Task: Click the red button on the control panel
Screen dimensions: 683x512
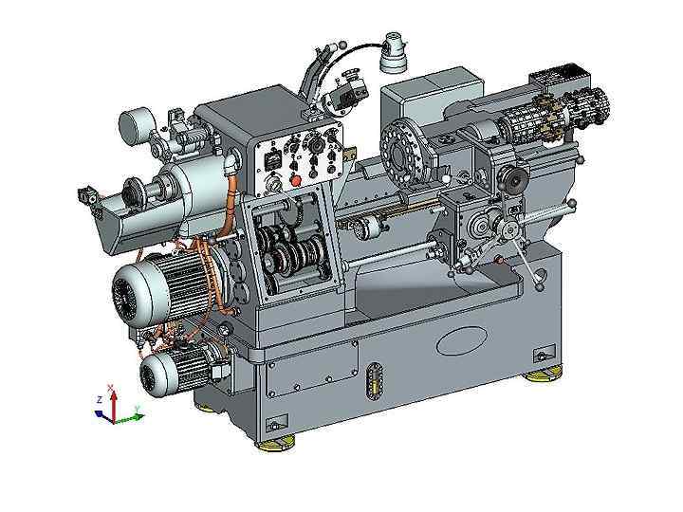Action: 296,180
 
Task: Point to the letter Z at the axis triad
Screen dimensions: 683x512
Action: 100,399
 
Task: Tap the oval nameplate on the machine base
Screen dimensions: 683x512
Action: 462,341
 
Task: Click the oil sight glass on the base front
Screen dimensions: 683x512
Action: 374,380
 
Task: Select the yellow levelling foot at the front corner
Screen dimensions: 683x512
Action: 275,445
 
